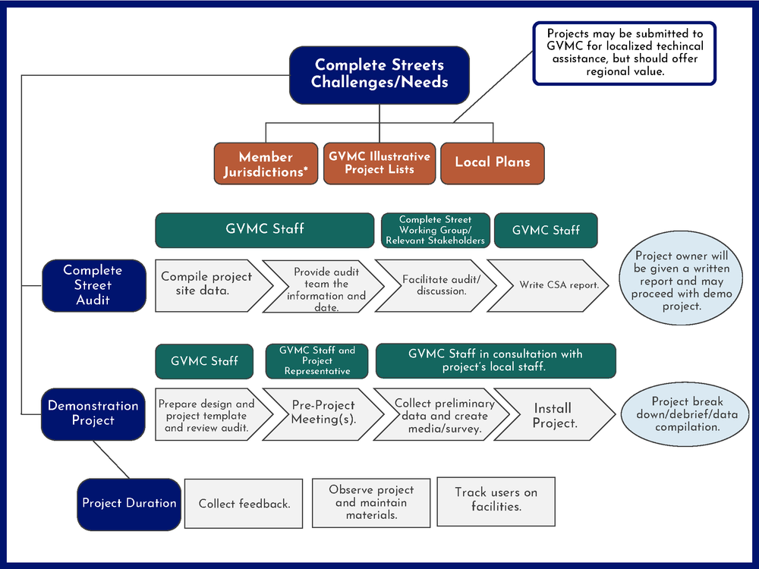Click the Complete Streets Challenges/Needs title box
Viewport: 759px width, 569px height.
[x=379, y=74]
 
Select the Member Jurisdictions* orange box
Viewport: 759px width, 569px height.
[x=266, y=164]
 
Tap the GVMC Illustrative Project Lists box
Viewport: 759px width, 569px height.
[x=379, y=163]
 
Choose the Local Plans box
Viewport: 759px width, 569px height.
[x=493, y=162]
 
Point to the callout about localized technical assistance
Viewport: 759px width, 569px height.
[x=624, y=52]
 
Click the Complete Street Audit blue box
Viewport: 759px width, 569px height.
[x=93, y=285]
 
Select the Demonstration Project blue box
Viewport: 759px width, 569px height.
[x=93, y=413]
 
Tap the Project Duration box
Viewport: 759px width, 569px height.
[x=129, y=503]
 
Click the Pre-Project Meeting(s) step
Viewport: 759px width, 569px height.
[x=323, y=413]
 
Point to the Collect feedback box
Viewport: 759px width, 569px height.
[x=244, y=503]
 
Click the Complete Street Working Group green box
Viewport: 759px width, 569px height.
[x=435, y=230]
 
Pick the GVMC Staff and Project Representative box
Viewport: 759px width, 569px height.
[x=317, y=361]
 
